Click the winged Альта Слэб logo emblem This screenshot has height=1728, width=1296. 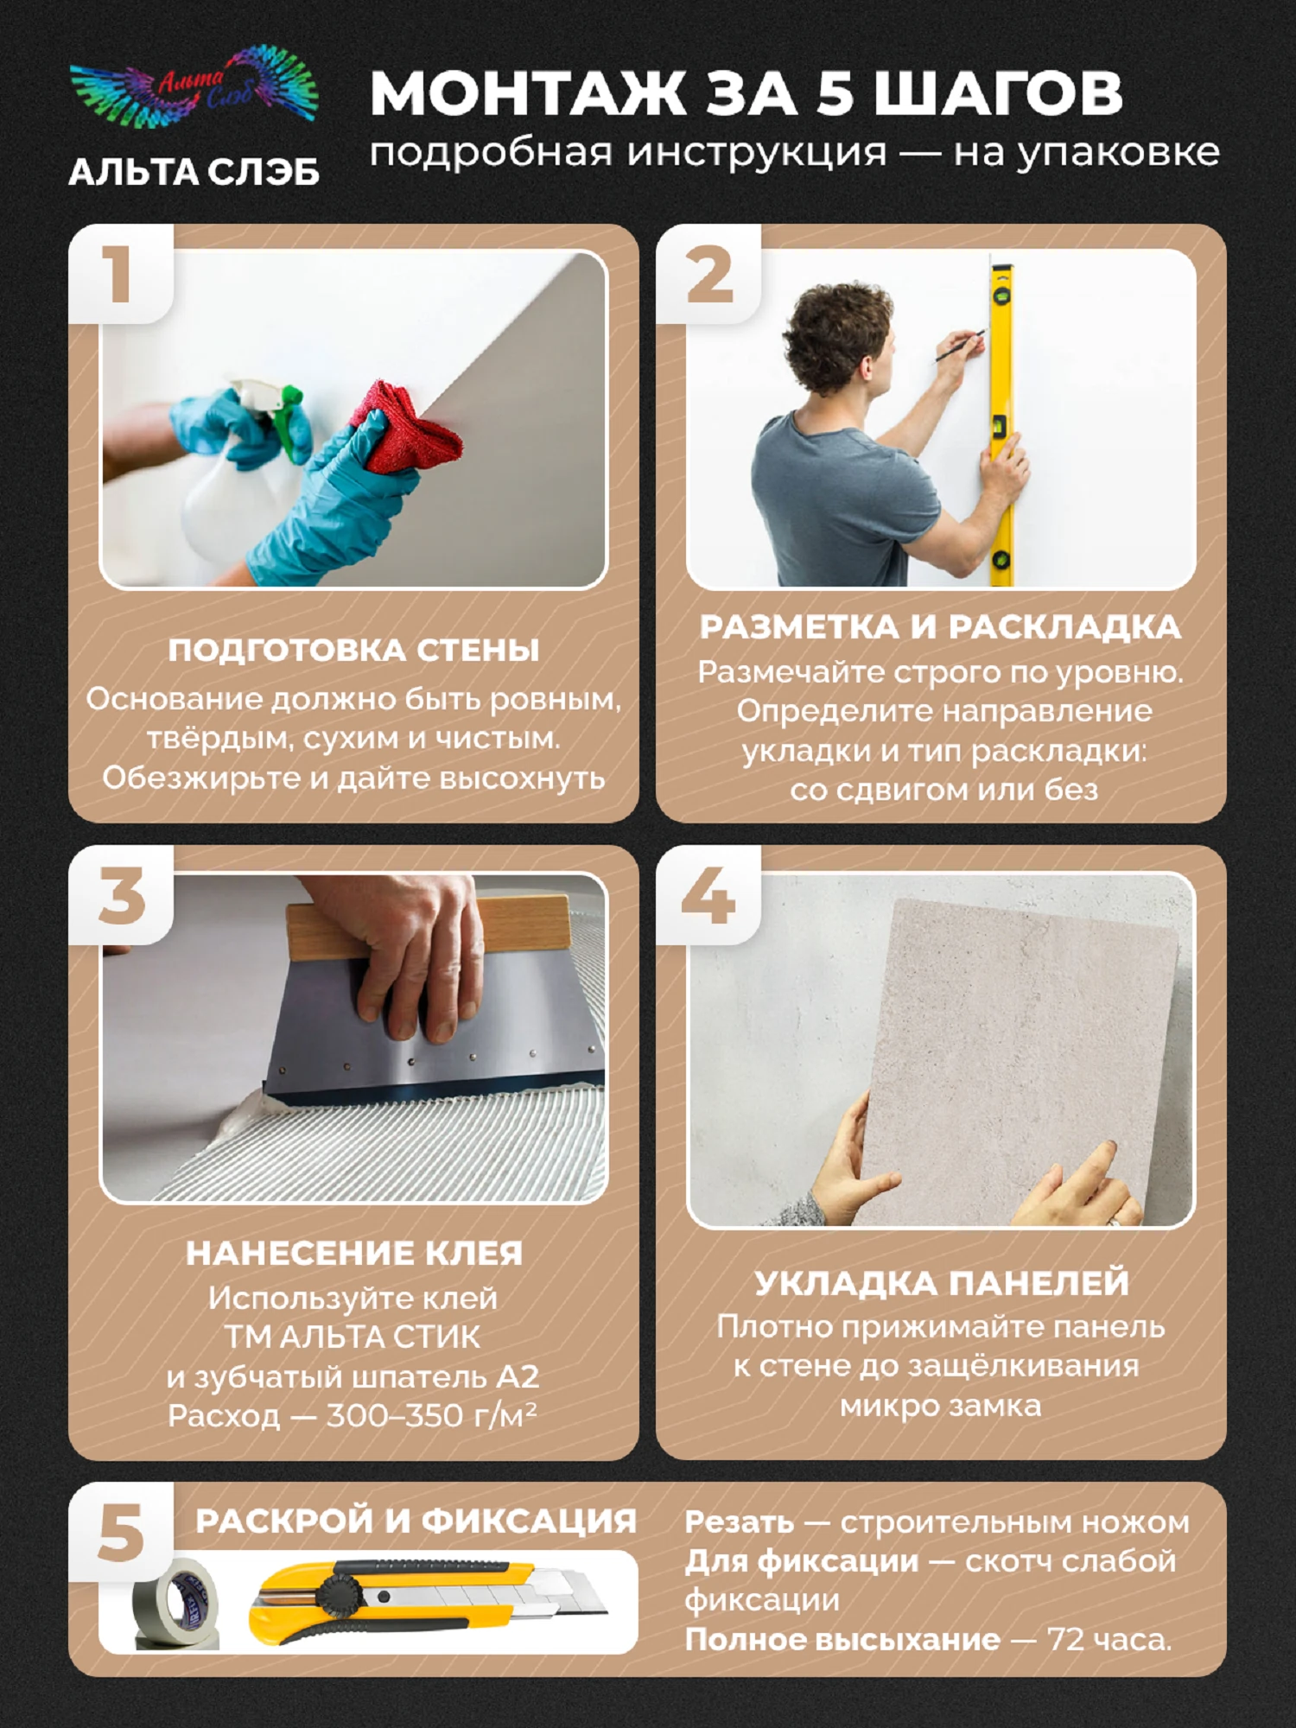[x=194, y=98]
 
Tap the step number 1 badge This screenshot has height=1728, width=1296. [x=120, y=274]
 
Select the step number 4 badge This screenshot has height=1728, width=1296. [x=708, y=895]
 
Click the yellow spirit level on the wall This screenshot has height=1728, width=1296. [x=1002, y=423]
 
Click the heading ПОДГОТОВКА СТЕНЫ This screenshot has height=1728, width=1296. [x=353, y=650]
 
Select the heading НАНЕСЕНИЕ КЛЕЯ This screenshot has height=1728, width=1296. [x=354, y=1253]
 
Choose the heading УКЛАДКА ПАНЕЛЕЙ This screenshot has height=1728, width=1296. [x=942, y=1283]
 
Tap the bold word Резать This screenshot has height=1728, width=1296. [x=739, y=1522]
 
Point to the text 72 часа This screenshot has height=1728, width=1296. [x=1109, y=1639]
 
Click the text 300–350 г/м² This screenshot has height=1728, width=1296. [x=431, y=1415]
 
